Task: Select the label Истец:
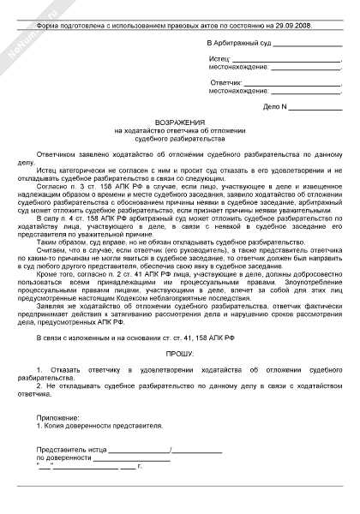[220, 57]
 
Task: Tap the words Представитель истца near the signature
[72, 451]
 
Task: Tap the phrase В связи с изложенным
[75, 337]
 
